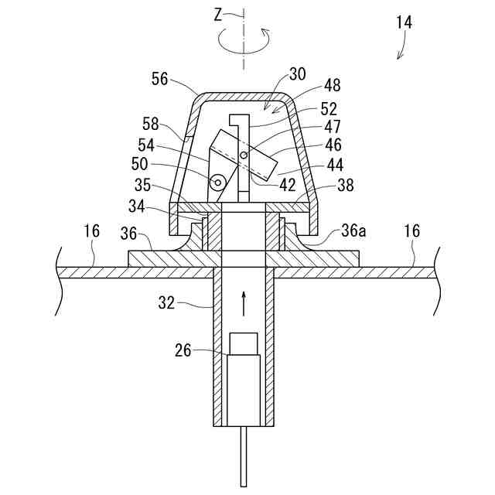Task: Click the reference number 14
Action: coord(404,22)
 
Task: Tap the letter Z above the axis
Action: coord(220,13)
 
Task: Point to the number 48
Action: coord(333,86)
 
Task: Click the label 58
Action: coord(151,123)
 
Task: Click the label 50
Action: coord(140,164)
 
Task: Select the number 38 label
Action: coord(345,186)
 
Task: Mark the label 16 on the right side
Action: coord(411,230)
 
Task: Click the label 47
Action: coord(333,125)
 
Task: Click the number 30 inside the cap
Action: coord(297,74)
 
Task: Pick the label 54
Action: coord(147,145)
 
